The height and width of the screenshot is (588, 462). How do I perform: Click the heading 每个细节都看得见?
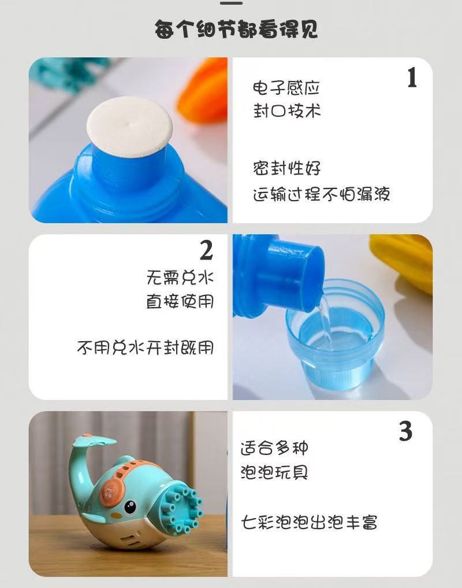pyautogui.click(x=236, y=29)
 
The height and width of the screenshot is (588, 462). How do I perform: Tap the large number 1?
pyautogui.click(x=412, y=77)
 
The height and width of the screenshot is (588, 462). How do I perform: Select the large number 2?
pyautogui.click(x=207, y=250)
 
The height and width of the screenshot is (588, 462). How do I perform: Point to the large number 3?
pyautogui.click(x=405, y=431)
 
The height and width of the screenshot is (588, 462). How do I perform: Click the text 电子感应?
pyautogui.click(x=286, y=88)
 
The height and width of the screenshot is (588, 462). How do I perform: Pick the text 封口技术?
pyautogui.click(x=287, y=110)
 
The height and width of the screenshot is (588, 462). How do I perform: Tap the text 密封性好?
pyautogui.click(x=287, y=168)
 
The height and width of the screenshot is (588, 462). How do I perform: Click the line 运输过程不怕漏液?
pyautogui.click(x=322, y=194)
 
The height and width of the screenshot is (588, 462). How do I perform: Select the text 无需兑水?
pyautogui.click(x=180, y=278)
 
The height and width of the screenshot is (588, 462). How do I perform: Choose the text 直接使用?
pyautogui.click(x=180, y=301)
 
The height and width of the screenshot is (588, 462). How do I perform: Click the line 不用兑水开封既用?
pyautogui.click(x=146, y=347)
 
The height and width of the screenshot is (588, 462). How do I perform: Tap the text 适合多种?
pyautogui.click(x=274, y=448)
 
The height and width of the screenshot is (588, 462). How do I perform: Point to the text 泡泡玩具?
pyautogui.click(x=274, y=472)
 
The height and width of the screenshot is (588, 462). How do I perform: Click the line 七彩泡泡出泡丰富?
pyautogui.click(x=309, y=522)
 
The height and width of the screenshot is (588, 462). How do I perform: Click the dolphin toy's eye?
pyautogui.click(x=130, y=507)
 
